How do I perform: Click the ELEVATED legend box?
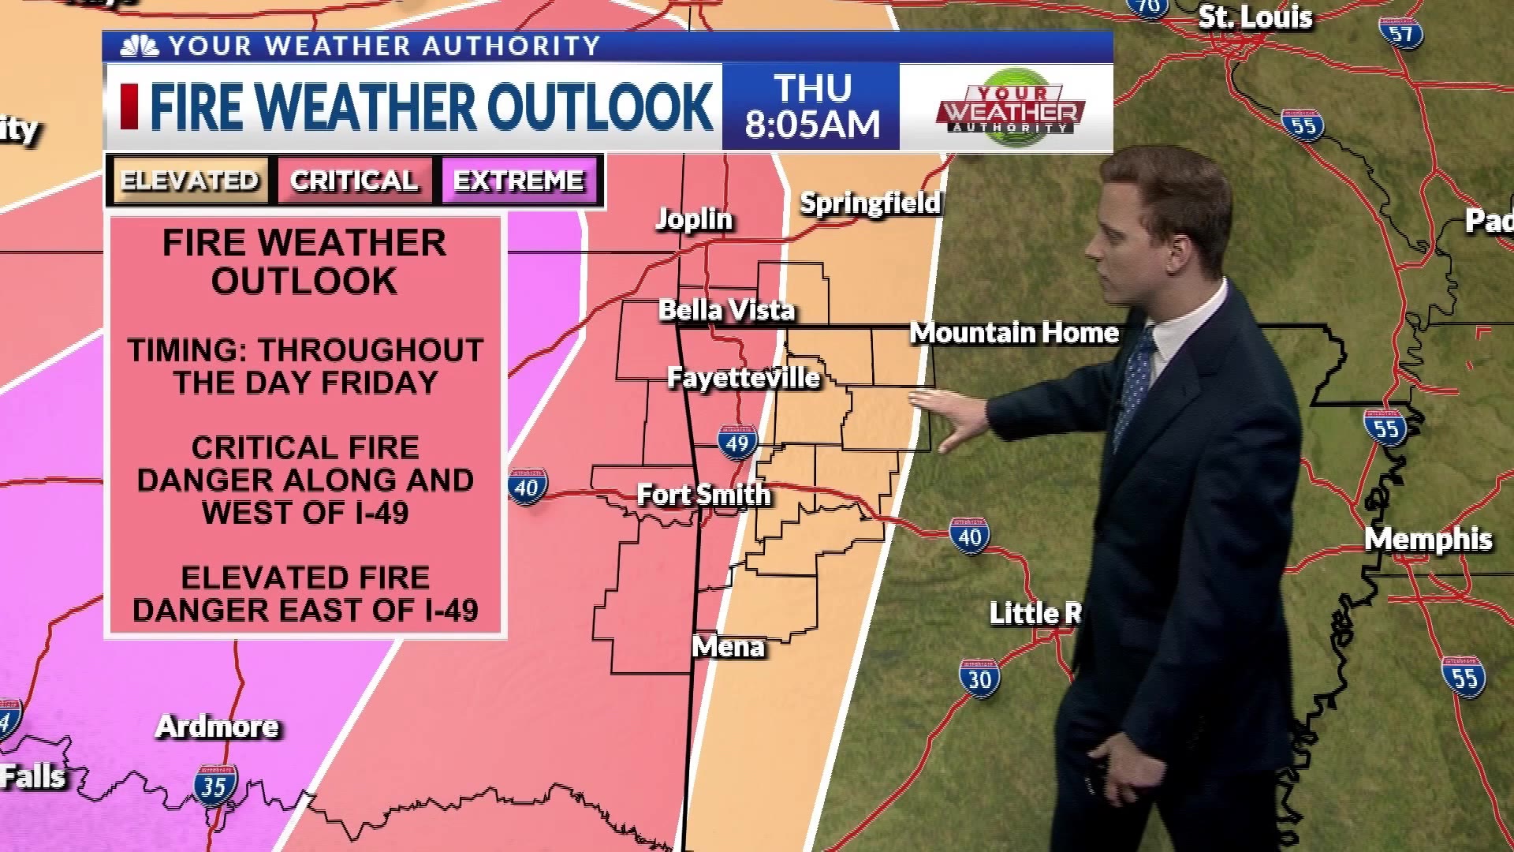point(190,181)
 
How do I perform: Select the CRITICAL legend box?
point(354,181)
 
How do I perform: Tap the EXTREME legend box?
point(519,181)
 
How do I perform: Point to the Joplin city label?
point(694,219)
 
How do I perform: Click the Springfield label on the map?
point(871,204)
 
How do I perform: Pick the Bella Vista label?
point(726,310)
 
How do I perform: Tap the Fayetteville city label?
point(744,378)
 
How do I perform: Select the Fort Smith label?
point(703,495)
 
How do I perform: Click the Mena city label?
point(728,647)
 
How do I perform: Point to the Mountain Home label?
point(1014,333)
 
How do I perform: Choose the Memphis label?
point(1428,540)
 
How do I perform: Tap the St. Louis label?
point(1255,17)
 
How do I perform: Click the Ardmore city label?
point(218,727)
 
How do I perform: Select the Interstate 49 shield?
point(737,443)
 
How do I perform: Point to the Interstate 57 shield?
point(1400,33)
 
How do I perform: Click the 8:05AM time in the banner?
point(812,125)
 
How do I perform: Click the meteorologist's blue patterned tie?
point(1135,387)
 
